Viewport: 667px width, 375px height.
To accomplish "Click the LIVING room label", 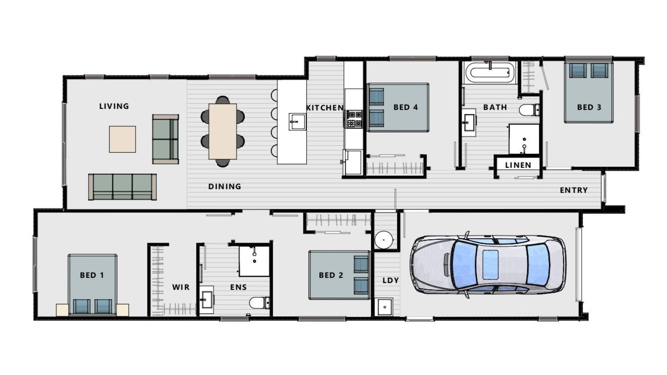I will pyautogui.click(x=114, y=106).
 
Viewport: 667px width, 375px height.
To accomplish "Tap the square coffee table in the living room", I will pyautogui.click(x=122, y=139).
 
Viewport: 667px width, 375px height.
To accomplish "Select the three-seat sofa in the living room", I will pyautogui.click(x=122, y=187).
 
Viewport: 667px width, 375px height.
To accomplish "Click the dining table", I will pyautogui.click(x=223, y=131).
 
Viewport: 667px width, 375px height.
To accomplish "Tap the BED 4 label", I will pyautogui.click(x=405, y=107).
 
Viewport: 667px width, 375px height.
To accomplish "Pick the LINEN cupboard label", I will pyautogui.click(x=518, y=165).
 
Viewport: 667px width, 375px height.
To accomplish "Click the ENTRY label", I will pyautogui.click(x=574, y=190).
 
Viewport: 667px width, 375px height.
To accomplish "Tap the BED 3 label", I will pyautogui.click(x=589, y=107).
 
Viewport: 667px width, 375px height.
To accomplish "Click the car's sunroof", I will pyautogui.click(x=490, y=264).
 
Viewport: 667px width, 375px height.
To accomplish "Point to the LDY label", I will pyautogui.click(x=390, y=281).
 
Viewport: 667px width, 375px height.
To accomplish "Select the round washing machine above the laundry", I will pyautogui.click(x=384, y=240).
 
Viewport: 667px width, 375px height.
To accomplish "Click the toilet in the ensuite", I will pyautogui.click(x=259, y=302).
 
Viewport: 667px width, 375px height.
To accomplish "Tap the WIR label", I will pyautogui.click(x=181, y=287).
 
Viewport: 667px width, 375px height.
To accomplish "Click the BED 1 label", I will pyautogui.click(x=92, y=275).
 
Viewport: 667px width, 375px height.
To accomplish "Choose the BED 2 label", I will pyautogui.click(x=331, y=275).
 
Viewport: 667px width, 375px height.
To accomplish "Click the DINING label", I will pyautogui.click(x=224, y=186).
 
